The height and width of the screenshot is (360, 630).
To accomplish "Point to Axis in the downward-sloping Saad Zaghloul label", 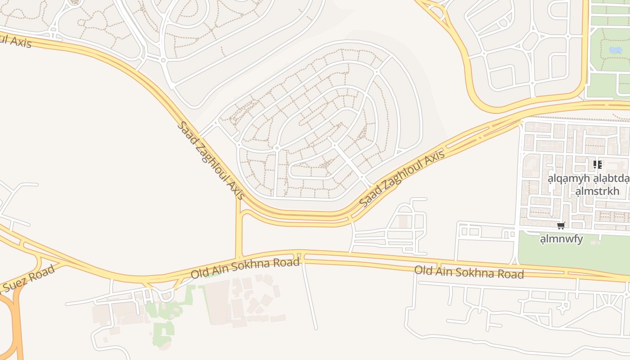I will [235, 190].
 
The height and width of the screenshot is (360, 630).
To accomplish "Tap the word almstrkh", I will [597, 191].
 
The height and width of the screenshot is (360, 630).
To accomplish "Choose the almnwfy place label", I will [561, 239].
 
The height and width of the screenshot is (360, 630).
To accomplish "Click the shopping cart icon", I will [561, 226].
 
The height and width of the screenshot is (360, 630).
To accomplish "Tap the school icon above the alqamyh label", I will [597, 165].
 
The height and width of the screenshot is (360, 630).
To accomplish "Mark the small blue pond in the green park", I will [615, 50].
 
